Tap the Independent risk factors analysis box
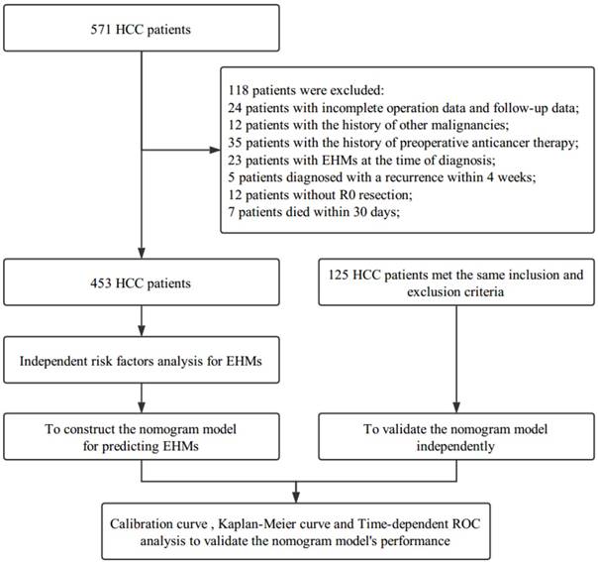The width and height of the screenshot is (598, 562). pos(142,364)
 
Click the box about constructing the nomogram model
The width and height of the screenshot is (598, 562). pos(142,436)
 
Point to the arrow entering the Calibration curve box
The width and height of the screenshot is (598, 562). pos(296,491)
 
